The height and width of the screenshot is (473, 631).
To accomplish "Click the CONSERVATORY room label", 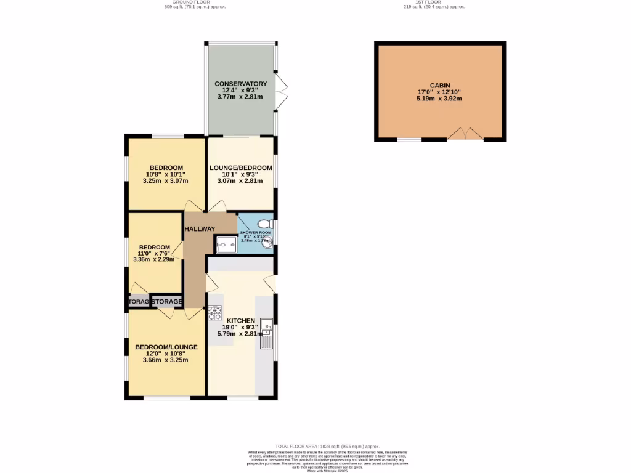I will (x=240, y=84).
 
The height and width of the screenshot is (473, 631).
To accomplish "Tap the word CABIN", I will (x=440, y=86).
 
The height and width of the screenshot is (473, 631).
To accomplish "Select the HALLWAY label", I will (x=200, y=229).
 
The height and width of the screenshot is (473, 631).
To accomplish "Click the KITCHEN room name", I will (x=241, y=321).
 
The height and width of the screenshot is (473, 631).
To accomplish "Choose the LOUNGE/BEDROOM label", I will (x=240, y=168).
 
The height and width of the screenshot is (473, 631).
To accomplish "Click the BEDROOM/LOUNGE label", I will (x=166, y=347).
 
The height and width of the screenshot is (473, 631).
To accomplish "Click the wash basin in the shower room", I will (x=267, y=245).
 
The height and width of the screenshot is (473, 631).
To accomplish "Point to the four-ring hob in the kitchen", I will (x=214, y=313).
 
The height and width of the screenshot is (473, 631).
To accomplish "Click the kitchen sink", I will (x=266, y=325).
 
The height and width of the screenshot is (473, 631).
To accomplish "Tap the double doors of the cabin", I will (x=465, y=134).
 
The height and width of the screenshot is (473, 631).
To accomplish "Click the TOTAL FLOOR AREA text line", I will (x=327, y=446).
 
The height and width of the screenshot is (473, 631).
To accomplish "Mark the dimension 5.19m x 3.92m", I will (x=440, y=99).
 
